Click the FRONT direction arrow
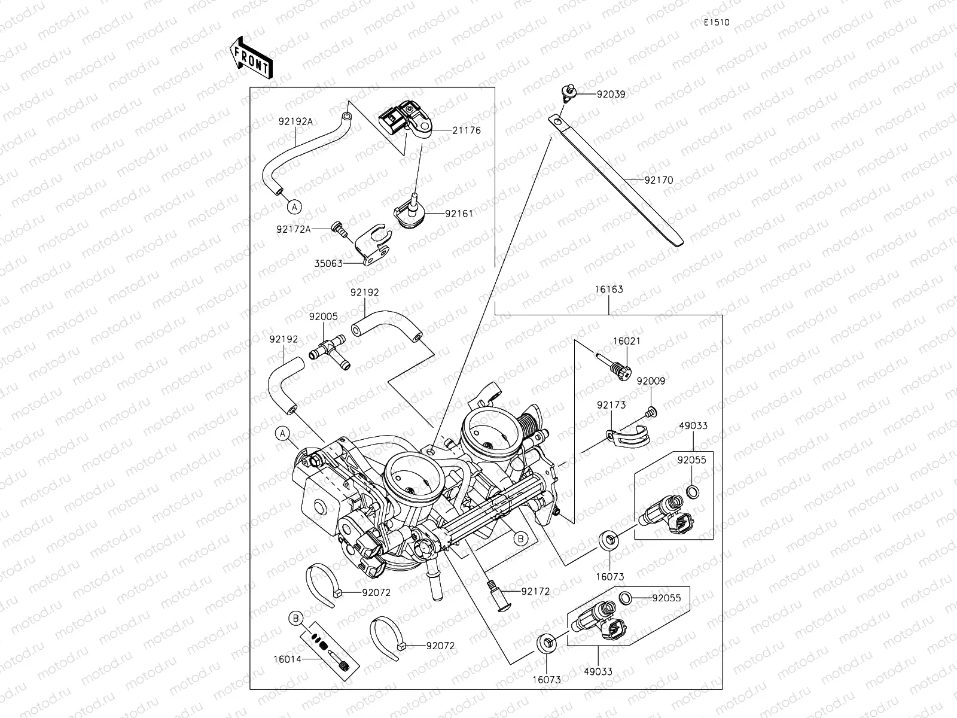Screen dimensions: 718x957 (251, 57)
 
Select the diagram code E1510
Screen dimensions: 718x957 (716, 23)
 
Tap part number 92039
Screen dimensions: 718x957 (610, 94)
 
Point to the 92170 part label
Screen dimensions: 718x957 (659, 180)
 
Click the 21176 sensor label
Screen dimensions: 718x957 (467, 130)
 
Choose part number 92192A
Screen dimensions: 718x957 (295, 121)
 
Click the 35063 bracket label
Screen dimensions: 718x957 (328, 263)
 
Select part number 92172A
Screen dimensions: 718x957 (294, 229)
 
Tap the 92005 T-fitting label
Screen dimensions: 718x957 (323, 317)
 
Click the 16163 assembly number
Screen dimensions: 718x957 (608, 290)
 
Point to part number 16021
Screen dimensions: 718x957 (626, 341)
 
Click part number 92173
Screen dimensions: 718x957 (611, 405)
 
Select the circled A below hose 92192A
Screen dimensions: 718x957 (294, 206)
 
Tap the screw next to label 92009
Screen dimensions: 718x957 (651, 411)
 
